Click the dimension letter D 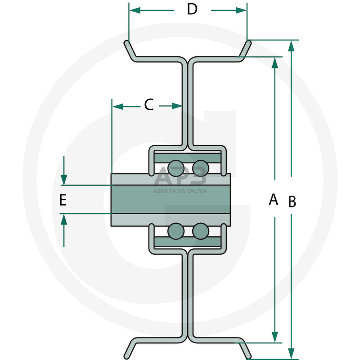[x=192, y=9]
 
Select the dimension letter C [x=149, y=104]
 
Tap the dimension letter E [x=63, y=200]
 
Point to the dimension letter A [x=273, y=199]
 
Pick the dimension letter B [x=292, y=202]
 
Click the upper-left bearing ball [x=176, y=168]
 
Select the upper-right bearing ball [x=200, y=168]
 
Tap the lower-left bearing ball [x=176, y=231]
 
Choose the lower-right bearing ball [x=200, y=231]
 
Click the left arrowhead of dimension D [x=135, y=10]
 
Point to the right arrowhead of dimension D [x=241, y=10]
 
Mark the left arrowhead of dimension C [x=118, y=106]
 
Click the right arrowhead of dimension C [x=177, y=106]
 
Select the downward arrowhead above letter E [x=64, y=180]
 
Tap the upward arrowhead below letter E [x=64, y=220]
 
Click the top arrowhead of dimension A [x=275, y=63]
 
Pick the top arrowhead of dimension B [x=291, y=46]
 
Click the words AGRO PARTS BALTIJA [x=180, y=191]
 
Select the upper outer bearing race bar [x=188, y=158]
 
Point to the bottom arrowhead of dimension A [x=275, y=337]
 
